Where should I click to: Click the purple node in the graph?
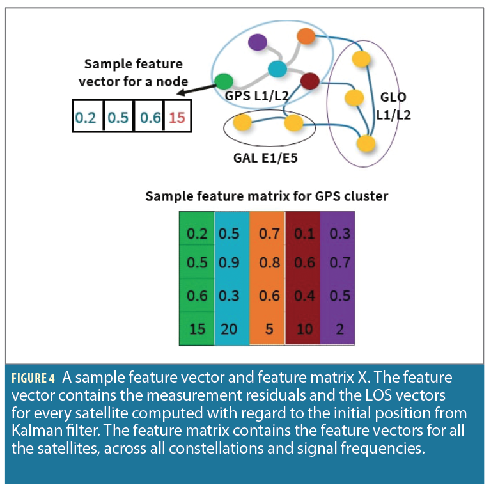pyautogui.click(x=258, y=42)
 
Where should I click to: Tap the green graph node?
pyautogui.click(x=224, y=82)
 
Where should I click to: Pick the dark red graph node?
pyautogui.click(x=309, y=81)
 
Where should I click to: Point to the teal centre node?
pyautogui.click(x=277, y=68)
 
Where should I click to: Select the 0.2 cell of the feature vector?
pyautogui.click(x=87, y=118)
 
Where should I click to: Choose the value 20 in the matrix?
pyautogui.click(x=230, y=330)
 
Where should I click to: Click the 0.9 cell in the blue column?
pyautogui.click(x=230, y=263)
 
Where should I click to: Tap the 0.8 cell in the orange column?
pyautogui.click(x=269, y=263)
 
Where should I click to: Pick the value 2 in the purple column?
pyautogui.click(x=339, y=330)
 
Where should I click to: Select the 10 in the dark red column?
pyautogui.click(x=305, y=330)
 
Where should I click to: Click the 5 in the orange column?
pyautogui.click(x=269, y=330)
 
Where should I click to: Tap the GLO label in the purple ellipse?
pyautogui.click(x=393, y=98)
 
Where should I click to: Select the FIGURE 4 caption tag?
pyautogui.click(x=33, y=378)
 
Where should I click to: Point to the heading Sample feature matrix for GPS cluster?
pyautogui.click(x=267, y=196)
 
